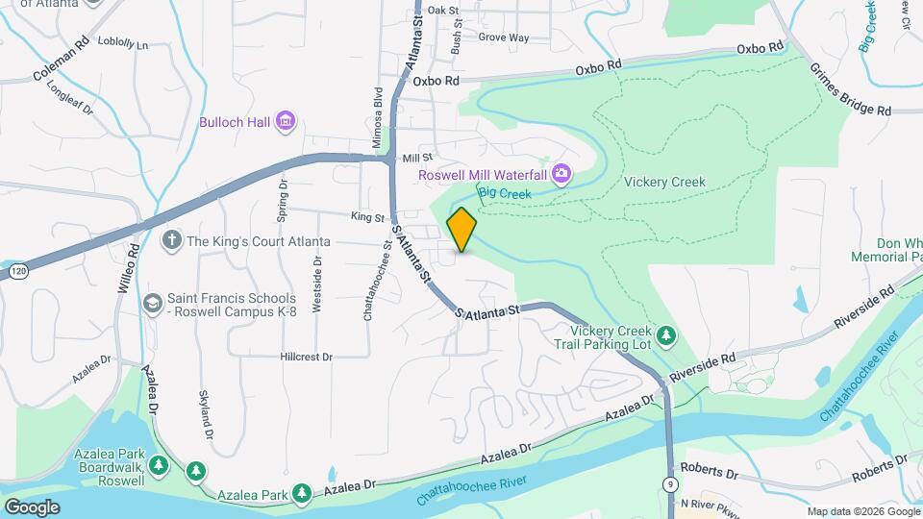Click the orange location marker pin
tap(461, 230)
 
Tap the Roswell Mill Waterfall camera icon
tap(561, 174)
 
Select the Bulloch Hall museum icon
tap(285, 122)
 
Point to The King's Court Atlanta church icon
tap(172, 241)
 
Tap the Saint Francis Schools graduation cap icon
tap(152, 304)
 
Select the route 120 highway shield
tap(17, 273)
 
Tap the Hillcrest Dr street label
tap(306, 357)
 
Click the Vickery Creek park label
tap(664, 182)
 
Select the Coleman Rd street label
tap(61, 59)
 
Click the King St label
tap(367, 218)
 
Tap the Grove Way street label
tap(504, 38)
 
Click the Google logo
tap(33, 507)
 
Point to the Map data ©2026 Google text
tap(862, 511)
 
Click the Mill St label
tap(418, 158)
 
